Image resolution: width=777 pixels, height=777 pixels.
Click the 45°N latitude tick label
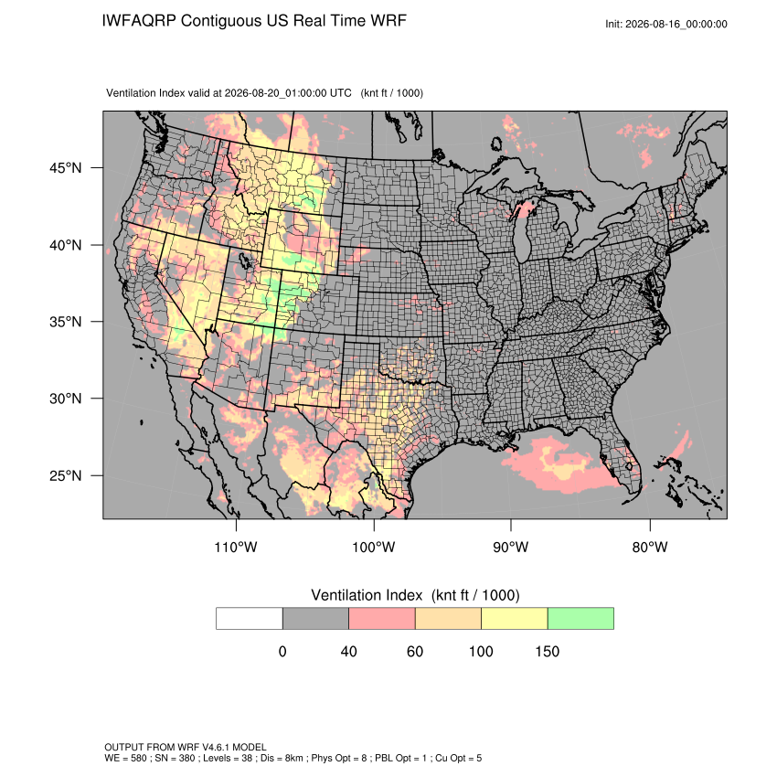[x=66, y=168]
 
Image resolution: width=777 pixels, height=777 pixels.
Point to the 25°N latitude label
[x=66, y=475]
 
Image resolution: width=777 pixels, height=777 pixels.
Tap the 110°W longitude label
[x=236, y=547]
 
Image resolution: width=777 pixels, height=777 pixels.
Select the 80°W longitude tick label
[x=650, y=547]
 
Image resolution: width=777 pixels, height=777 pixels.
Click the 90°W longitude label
[x=510, y=547]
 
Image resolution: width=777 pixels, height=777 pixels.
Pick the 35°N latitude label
[x=66, y=322]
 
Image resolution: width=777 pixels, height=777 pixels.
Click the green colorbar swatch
[x=580, y=619]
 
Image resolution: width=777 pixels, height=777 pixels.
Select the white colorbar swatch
[x=250, y=619]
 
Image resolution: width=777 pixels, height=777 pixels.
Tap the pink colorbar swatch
[x=382, y=619]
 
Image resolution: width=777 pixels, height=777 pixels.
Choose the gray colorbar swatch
[x=315, y=619]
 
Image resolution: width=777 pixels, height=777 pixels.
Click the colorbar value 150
[x=547, y=651]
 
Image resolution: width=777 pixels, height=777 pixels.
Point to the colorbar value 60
[x=415, y=651]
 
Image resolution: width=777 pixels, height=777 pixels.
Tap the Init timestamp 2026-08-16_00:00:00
[x=676, y=25]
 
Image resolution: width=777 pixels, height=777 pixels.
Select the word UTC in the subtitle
[x=340, y=93]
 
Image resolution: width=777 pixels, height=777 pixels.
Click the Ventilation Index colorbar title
[x=415, y=595]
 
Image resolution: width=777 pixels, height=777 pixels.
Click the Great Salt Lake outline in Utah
[x=244, y=261]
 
